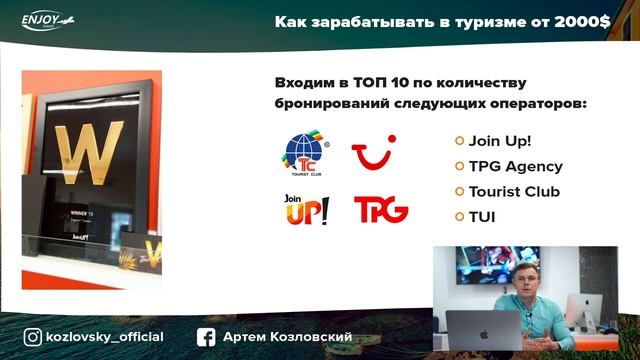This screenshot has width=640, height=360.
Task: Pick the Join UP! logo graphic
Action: pyautogui.click(x=306, y=209)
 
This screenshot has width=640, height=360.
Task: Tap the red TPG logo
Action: pyautogui.click(x=380, y=209)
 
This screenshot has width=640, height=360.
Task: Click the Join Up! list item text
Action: pyautogui.click(x=500, y=141)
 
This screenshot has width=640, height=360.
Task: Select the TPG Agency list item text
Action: pyautogui.click(x=515, y=166)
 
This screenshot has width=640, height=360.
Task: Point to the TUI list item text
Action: pyautogui.click(x=482, y=215)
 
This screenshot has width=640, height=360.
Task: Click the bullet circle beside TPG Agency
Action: pyautogui.click(x=459, y=166)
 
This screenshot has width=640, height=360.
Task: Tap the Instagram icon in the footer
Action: pyautogui.click(x=33, y=337)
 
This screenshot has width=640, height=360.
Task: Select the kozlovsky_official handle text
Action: pyautogui.click(x=104, y=337)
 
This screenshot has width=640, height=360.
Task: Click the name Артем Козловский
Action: pyautogui.click(x=288, y=337)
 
